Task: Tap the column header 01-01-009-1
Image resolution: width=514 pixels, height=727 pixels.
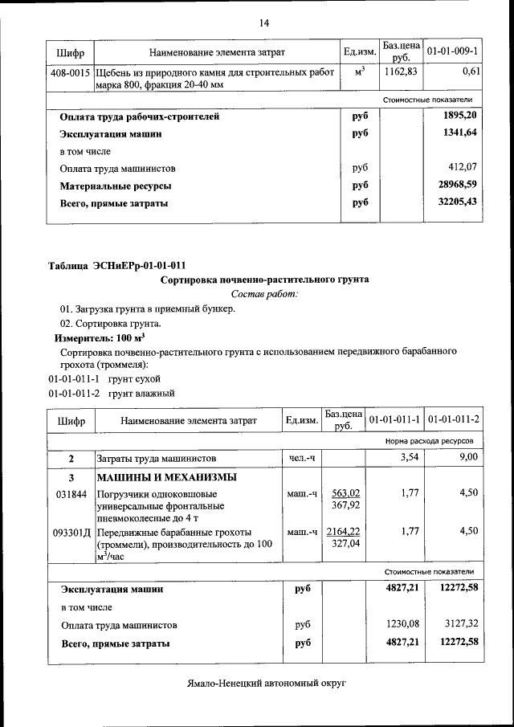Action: pos(452,52)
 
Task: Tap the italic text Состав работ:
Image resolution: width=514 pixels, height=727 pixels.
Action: pos(264,295)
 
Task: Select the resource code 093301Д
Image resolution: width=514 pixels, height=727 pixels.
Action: pos(69,532)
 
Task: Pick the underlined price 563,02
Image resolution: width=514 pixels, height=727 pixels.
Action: pos(345,493)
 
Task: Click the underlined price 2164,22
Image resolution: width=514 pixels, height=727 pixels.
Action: pos(344,531)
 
